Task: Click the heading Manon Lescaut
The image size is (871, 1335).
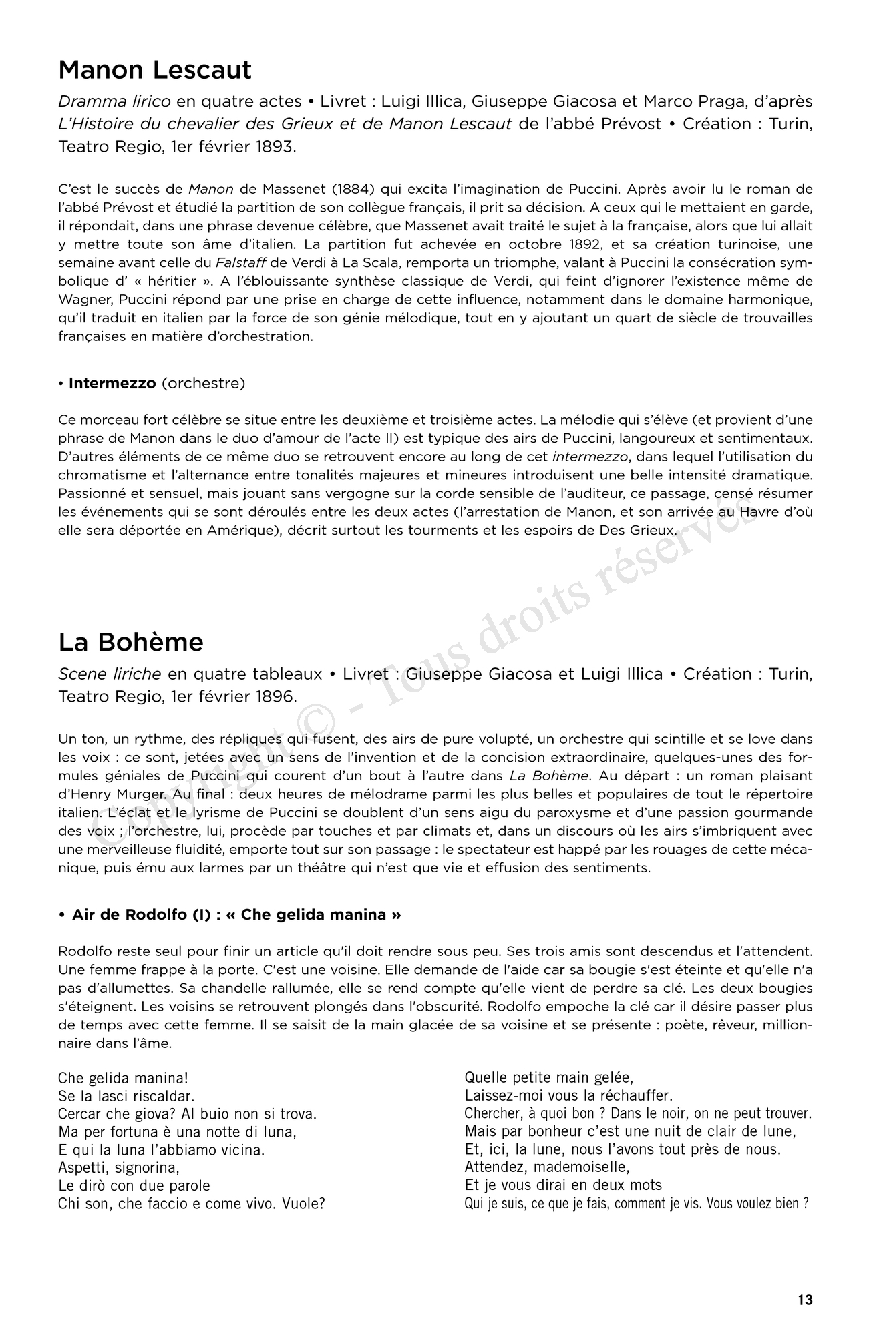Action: point(155,70)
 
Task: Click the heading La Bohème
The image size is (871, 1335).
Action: point(131,642)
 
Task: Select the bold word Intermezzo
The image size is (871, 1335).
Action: point(112,384)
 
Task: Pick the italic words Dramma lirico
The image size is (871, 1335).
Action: point(114,101)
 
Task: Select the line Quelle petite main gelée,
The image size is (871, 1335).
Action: point(548,1077)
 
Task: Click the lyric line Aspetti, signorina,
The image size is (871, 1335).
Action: point(119,1168)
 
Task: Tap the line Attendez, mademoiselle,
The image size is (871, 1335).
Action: point(547,1167)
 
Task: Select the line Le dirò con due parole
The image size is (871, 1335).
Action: point(134,1186)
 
